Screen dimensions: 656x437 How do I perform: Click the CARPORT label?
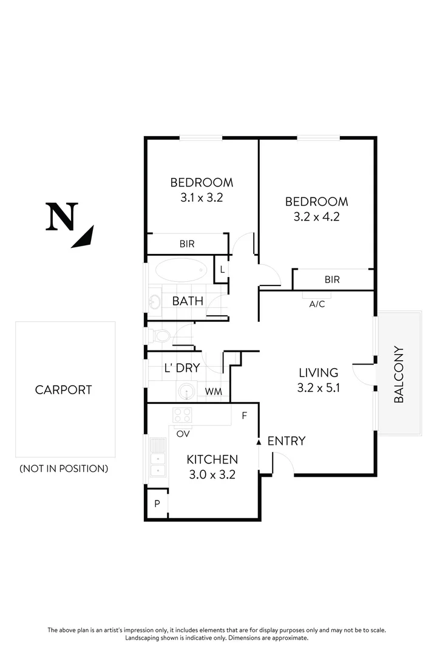(x=63, y=390)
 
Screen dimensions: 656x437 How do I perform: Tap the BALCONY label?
(x=399, y=374)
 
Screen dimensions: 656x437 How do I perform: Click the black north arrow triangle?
(x=83, y=237)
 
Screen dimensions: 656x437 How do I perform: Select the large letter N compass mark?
(x=62, y=217)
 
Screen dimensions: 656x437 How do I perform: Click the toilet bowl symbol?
(x=161, y=335)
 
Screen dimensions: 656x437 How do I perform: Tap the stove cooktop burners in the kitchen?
(x=183, y=415)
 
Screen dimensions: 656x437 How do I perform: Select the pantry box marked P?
(x=157, y=504)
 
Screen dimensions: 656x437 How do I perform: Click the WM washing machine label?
(x=213, y=392)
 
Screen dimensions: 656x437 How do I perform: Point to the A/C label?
(x=317, y=304)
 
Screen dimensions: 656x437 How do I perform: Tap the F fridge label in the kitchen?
(x=245, y=416)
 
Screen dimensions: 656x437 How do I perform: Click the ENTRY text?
(x=286, y=441)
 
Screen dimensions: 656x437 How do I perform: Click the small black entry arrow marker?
(x=260, y=442)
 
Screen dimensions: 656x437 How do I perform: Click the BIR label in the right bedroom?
(x=332, y=280)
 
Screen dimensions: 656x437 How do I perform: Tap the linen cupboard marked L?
(x=222, y=270)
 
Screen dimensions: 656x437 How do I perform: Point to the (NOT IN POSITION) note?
(x=64, y=468)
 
